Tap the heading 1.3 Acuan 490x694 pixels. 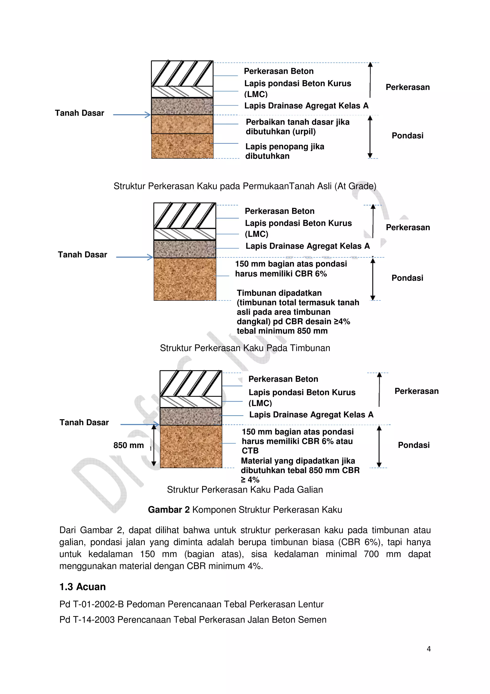point(82,587)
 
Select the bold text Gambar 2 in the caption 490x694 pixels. point(169,510)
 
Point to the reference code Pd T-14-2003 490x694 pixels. point(87,620)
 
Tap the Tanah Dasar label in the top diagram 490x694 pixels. point(79,113)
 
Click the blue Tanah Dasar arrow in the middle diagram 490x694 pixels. point(134,257)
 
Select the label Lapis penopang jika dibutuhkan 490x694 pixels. point(284,151)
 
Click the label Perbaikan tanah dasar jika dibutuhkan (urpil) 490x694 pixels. point(297,127)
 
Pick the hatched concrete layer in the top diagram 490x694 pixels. point(182,74)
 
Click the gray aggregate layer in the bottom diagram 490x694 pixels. point(191,416)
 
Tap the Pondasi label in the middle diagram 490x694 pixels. point(407,278)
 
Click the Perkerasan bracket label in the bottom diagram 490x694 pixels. point(416,391)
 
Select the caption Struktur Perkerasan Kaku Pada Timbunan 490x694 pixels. point(245,348)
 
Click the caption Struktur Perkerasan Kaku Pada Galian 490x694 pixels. point(245,489)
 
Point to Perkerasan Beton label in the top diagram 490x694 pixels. point(279,71)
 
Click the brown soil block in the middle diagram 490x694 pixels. point(185,279)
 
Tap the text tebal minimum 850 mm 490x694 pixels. point(282,331)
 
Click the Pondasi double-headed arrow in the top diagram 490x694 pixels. point(370,137)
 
